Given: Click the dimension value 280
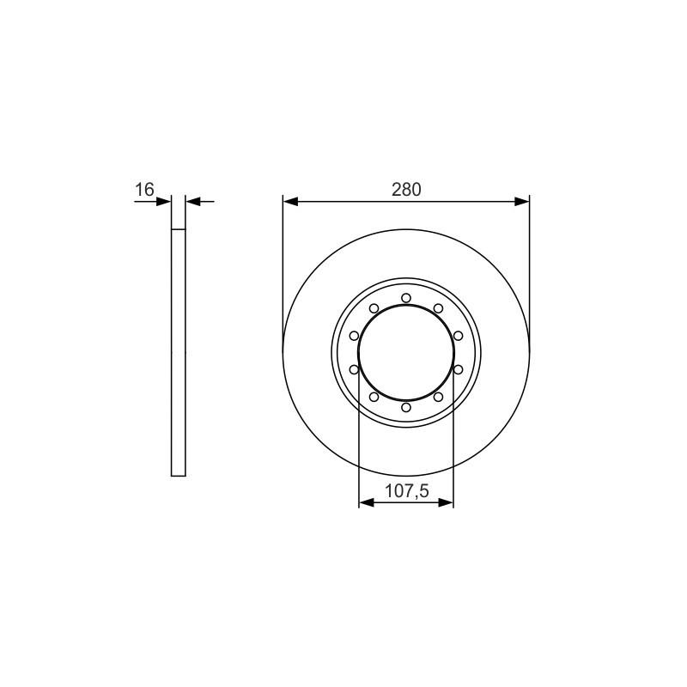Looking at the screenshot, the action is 406,190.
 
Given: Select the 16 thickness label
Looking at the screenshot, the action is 144,190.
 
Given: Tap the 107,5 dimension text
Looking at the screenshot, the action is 406,490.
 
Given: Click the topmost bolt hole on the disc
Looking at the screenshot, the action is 406,298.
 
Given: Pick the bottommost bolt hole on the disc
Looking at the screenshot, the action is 406,407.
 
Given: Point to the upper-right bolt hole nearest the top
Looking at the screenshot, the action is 438,308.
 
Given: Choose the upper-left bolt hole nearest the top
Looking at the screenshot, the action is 374,308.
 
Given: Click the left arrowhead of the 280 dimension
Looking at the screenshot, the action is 290,202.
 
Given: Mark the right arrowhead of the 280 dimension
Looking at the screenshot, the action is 522,202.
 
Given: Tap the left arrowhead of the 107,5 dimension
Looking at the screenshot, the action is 367,502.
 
